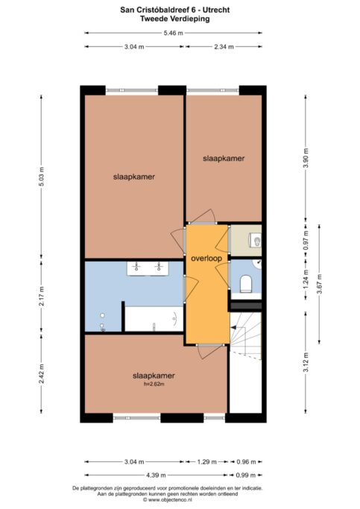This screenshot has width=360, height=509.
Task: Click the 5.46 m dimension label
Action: [174, 33]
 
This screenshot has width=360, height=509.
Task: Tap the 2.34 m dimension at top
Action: [224, 47]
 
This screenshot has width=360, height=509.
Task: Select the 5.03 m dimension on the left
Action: [41, 177]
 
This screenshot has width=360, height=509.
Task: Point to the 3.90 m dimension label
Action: [306, 157]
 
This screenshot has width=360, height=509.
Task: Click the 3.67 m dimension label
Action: [320, 284]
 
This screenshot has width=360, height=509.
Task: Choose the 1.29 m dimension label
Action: [206, 461]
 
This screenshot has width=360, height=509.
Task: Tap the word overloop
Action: [206, 259]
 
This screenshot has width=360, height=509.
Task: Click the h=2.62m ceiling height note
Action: [154, 384]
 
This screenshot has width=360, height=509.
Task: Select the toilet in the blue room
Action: [245, 283]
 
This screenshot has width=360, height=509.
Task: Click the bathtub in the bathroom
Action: [154, 319]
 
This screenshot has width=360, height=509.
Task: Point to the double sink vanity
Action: [148, 268]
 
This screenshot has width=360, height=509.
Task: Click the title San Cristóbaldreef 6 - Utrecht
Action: [175, 10]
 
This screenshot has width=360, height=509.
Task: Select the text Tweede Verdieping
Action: [175, 19]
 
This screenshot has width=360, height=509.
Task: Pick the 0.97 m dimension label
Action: [306, 241]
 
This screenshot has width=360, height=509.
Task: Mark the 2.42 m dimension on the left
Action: [41, 374]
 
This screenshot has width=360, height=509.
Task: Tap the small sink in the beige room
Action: [256, 241]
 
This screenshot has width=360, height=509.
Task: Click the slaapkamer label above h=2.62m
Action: [154, 376]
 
